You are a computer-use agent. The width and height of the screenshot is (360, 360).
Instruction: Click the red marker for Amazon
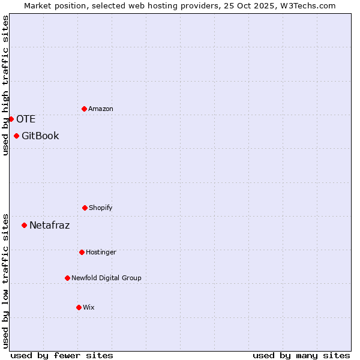tap(84, 109)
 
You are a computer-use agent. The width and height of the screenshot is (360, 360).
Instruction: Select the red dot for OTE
tap(11, 119)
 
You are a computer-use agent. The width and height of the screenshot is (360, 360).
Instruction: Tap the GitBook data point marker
tap(16, 136)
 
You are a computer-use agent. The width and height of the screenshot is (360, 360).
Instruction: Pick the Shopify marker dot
tap(85, 208)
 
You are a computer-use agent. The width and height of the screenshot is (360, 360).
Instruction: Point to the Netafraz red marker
tap(24, 225)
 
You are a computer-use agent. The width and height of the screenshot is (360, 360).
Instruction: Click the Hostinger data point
tap(82, 252)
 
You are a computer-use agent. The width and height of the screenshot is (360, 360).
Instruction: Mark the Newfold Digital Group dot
tap(67, 278)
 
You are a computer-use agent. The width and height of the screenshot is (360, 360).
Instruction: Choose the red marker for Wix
tap(79, 307)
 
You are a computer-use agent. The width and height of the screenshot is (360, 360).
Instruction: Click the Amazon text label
tap(101, 109)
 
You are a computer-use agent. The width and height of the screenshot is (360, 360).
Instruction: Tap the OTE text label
tap(26, 119)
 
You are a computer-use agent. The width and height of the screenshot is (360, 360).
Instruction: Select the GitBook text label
tap(40, 136)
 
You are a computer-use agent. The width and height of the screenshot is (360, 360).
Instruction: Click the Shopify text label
tap(101, 208)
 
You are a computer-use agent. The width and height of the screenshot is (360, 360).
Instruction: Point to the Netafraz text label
tap(49, 225)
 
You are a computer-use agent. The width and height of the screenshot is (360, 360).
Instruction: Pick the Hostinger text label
tap(101, 252)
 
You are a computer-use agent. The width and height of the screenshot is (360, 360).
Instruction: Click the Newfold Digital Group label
tap(106, 278)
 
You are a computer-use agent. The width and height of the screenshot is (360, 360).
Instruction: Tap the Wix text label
tap(89, 307)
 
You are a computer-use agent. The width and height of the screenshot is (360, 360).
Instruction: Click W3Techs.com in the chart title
tap(310, 5)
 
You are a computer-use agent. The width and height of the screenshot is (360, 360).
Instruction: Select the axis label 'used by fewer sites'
tap(62, 355)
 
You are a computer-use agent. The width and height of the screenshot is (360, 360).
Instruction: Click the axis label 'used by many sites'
tap(301, 355)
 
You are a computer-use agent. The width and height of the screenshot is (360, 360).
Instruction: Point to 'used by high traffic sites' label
tap(5, 85)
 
